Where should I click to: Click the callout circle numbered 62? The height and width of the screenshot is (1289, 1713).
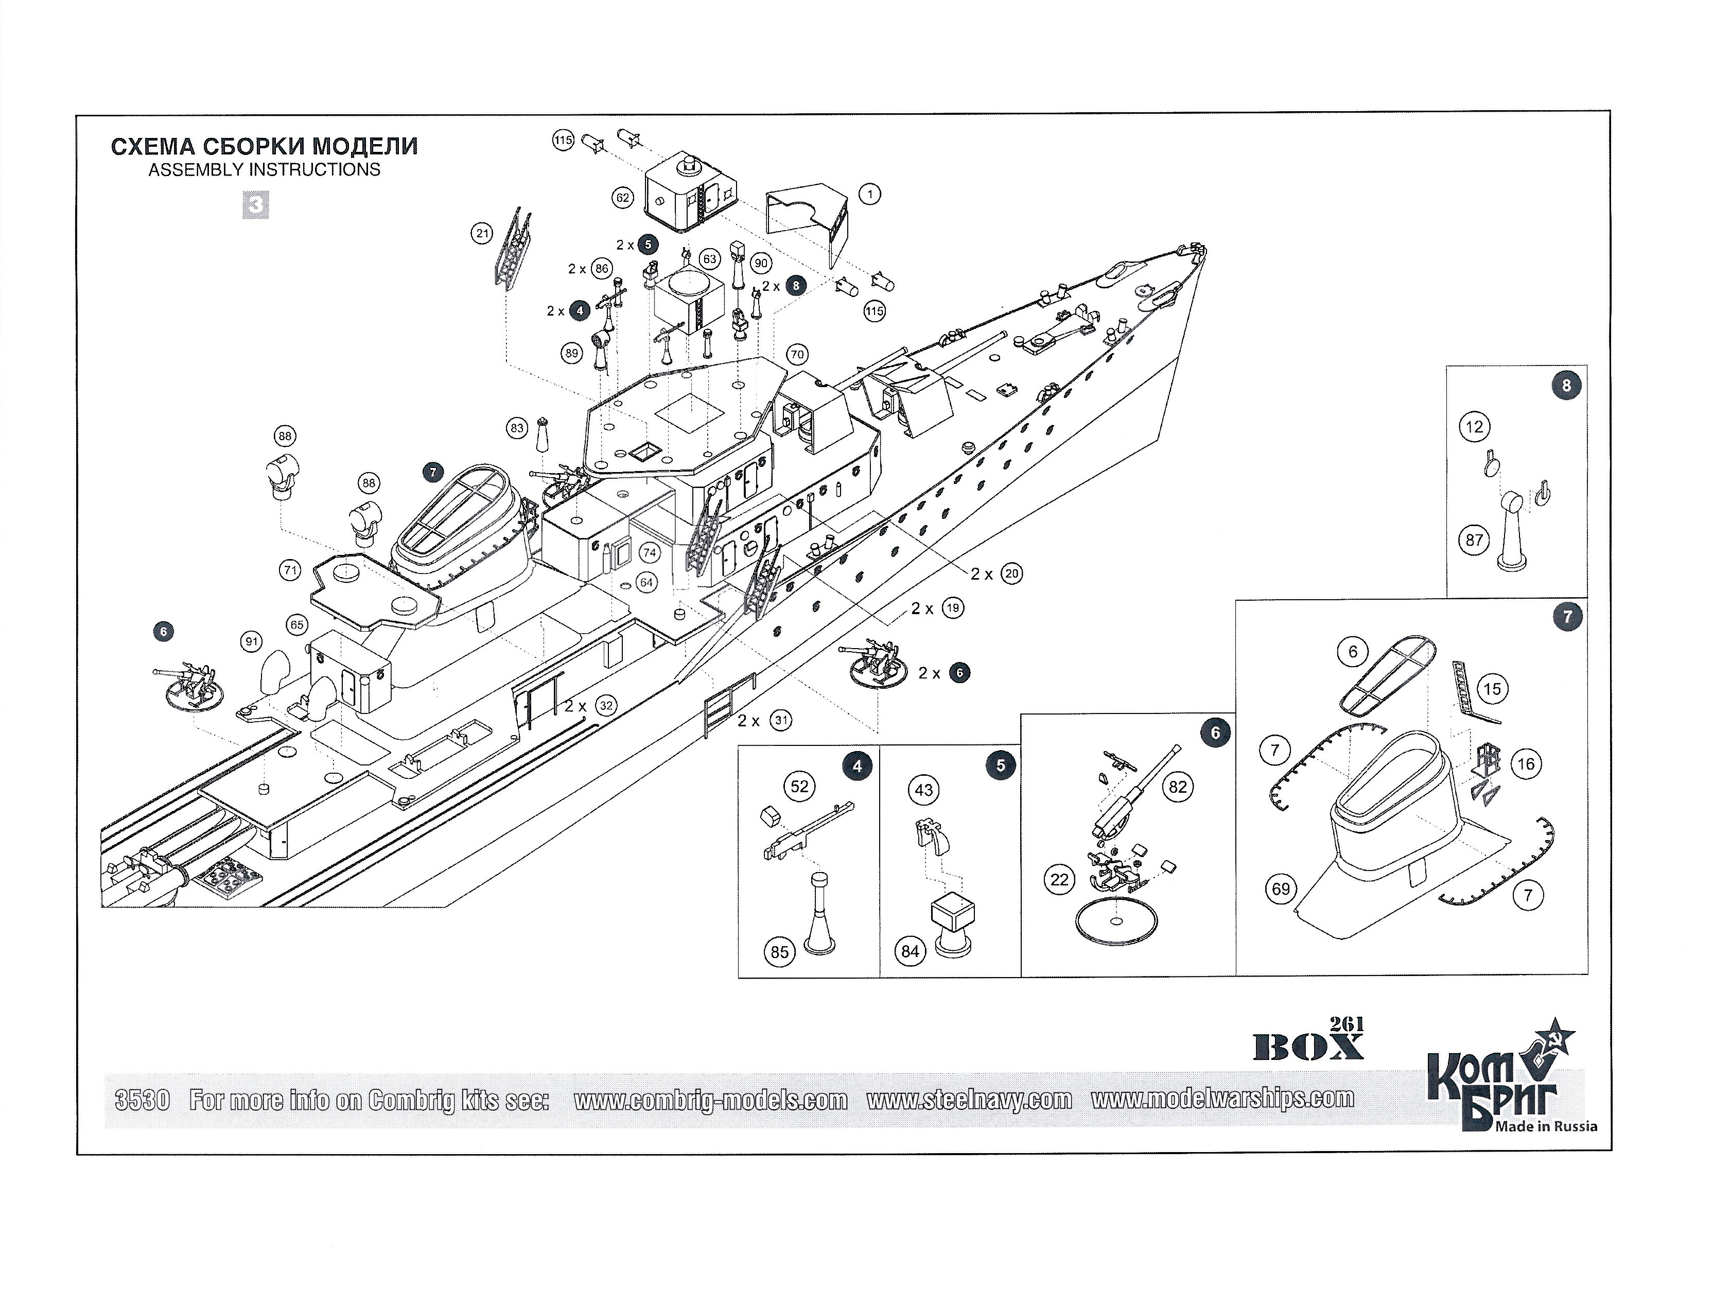coord(623,198)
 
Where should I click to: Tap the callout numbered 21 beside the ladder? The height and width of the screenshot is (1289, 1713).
coord(482,233)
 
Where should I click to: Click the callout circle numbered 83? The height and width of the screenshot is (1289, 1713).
coord(517,428)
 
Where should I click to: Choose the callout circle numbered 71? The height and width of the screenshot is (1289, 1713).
coord(290,571)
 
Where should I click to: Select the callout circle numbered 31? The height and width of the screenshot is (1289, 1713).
coord(781,720)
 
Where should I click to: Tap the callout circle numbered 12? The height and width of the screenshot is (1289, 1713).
coord(1475,427)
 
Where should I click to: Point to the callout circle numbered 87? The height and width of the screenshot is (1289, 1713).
coord(1475,540)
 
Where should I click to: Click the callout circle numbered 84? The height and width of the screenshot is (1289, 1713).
coord(910,951)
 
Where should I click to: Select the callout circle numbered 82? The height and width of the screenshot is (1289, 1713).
coord(1178,788)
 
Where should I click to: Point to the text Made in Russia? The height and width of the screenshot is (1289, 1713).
coord(1546,1125)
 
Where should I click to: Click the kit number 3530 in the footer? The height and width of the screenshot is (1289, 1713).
coord(142,1100)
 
